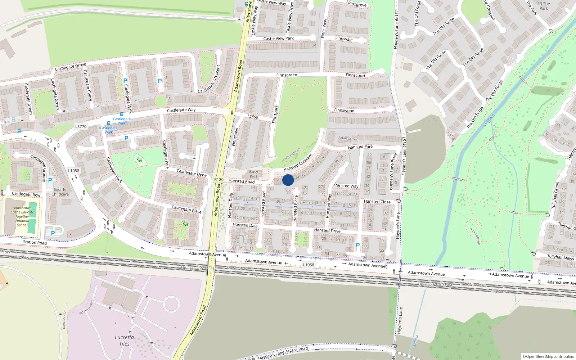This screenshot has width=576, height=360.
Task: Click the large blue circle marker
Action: click(x=288, y=180)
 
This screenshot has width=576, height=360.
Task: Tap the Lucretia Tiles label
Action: click(x=124, y=340)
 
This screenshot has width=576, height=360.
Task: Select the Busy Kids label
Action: click(x=253, y=174)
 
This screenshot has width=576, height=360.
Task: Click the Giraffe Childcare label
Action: click(x=60, y=192)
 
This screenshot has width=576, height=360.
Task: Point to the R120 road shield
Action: click(x=219, y=179)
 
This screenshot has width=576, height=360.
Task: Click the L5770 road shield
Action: click(x=81, y=127)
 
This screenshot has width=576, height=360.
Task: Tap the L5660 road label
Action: click(x=253, y=117)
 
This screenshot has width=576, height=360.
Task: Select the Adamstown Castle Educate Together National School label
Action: click(x=22, y=216)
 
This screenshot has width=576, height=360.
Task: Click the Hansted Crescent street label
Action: click(x=298, y=162)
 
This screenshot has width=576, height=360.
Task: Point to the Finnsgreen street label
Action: click(x=287, y=75)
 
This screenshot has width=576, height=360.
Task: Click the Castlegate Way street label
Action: click(x=181, y=110)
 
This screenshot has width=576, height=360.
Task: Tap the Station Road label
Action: click(x=35, y=242)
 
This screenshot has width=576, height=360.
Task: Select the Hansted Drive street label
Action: click(x=327, y=230)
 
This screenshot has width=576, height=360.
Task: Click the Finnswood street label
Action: click(x=344, y=111)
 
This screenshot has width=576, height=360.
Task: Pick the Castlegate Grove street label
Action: click(x=70, y=67)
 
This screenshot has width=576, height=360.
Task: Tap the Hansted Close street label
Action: click(x=377, y=202)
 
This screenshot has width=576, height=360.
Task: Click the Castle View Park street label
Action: click(x=278, y=39)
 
